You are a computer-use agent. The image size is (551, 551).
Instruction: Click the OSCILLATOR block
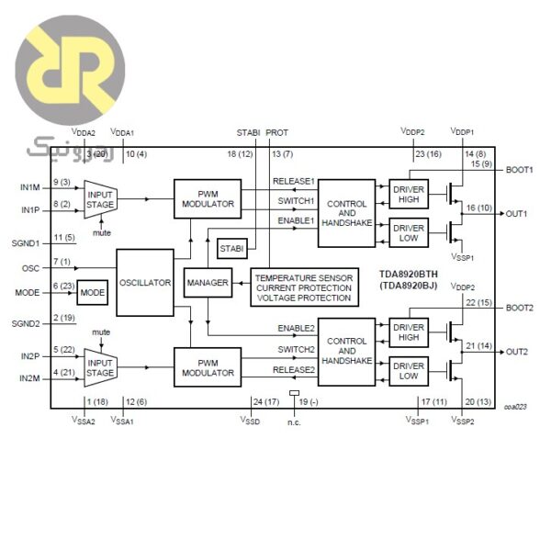[145, 283]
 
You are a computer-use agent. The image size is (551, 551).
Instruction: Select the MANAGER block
[207, 283]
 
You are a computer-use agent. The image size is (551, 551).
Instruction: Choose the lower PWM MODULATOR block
[207, 367]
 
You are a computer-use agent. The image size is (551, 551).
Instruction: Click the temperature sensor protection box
[304, 287]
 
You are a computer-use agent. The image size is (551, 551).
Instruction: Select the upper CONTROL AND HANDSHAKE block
[346, 213]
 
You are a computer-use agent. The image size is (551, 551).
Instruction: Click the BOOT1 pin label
[519, 170]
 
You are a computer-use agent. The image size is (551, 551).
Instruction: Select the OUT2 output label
[516, 352]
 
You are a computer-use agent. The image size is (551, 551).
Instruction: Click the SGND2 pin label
[27, 323]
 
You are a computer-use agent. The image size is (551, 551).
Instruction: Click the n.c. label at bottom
[294, 422]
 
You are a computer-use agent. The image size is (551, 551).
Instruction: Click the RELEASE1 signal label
[294, 181]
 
